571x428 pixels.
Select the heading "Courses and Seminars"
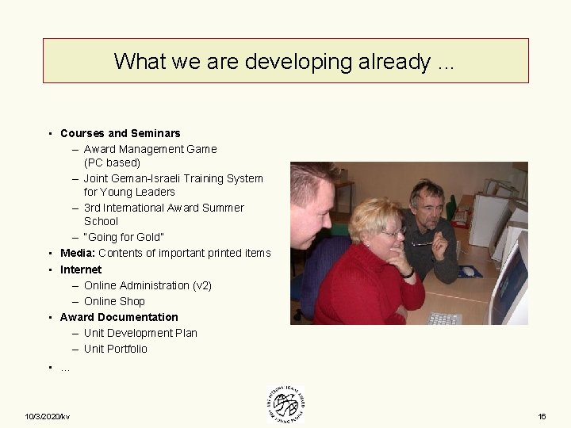[x=121, y=133]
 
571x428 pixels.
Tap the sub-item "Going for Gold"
[x=125, y=238]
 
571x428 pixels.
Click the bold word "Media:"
[x=78, y=254]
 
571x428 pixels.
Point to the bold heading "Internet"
[x=81, y=269]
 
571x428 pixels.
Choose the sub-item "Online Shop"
[x=114, y=301]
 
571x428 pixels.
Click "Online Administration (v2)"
[x=148, y=285]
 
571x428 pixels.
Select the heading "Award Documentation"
[x=119, y=317]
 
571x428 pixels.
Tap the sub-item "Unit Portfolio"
[x=115, y=349]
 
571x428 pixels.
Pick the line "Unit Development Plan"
[x=140, y=333]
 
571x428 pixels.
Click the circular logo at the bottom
[x=285, y=405]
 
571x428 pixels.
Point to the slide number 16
[x=542, y=417]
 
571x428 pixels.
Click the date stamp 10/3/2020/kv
[x=47, y=417]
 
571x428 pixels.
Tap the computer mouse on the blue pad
[x=469, y=272]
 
